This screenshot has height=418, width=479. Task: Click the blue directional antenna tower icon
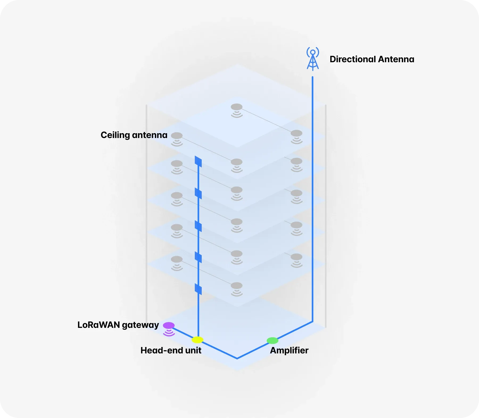click(x=313, y=59)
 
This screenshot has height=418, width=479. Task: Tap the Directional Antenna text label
click(x=372, y=59)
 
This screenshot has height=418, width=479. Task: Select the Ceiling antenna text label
click(x=134, y=135)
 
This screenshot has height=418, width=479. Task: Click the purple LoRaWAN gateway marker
click(x=169, y=326)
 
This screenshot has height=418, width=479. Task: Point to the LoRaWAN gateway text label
click(x=118, y=325)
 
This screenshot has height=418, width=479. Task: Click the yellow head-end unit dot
click(x=197, y=340)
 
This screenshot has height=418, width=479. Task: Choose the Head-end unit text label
click(x=171, y=350)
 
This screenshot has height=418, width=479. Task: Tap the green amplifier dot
click(x=272, y=340)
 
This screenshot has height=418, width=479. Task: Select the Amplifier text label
click(x=289, y=350)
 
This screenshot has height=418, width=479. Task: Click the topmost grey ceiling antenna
click(x=237, y=107)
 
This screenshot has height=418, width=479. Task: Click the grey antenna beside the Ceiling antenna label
click(x=177, y=136)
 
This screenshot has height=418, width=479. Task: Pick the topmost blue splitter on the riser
click(x=198, y=161)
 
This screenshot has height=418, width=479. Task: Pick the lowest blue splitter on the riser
click(x=198, y=289)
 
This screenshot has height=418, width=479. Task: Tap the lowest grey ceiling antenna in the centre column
click(x=237, y=286)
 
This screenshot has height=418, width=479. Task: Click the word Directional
click(x=353, y=59)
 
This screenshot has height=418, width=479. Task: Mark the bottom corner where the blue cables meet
click(x=237, y=358)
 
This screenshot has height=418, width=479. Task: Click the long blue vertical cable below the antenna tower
click(x=312, y=199)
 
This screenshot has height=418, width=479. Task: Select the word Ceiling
click(x=115, y=135)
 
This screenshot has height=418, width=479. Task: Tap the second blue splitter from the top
click(x=198, y=193)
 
